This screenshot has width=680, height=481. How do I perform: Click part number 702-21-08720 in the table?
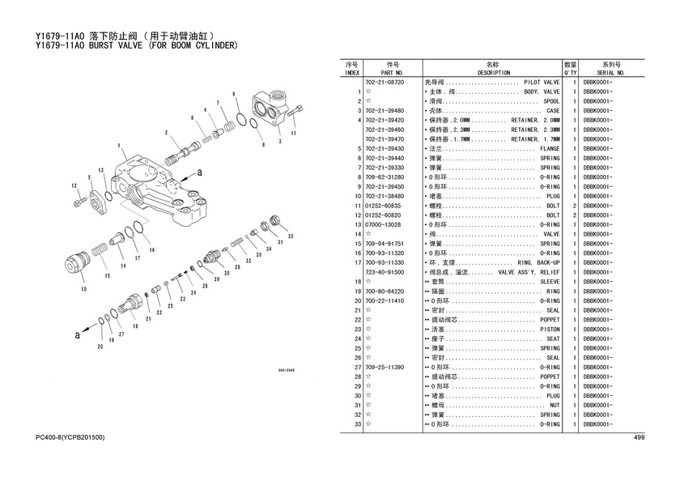point(385,83)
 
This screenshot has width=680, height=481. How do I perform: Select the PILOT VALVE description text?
point(542,83)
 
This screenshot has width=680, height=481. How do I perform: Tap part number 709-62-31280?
point(385,177)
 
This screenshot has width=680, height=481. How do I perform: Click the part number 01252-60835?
point(385,206)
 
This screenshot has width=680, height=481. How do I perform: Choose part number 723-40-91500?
point(385,272)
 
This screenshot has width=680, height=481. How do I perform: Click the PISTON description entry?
point(550,329)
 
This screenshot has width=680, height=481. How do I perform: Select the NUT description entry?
point(555,405)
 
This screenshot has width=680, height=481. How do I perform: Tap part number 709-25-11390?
point(385,367)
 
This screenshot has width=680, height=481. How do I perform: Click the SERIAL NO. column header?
point(611,72)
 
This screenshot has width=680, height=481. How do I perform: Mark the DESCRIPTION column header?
point(494,72)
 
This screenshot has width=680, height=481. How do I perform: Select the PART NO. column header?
point(392,72)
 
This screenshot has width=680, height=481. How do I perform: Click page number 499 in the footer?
point(638,438)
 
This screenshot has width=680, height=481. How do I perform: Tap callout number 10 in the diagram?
point(83,287)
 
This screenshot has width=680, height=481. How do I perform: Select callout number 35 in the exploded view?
point(290,236)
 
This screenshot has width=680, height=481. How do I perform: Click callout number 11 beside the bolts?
point(293,132)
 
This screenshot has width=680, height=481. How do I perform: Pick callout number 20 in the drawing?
point(100,347)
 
